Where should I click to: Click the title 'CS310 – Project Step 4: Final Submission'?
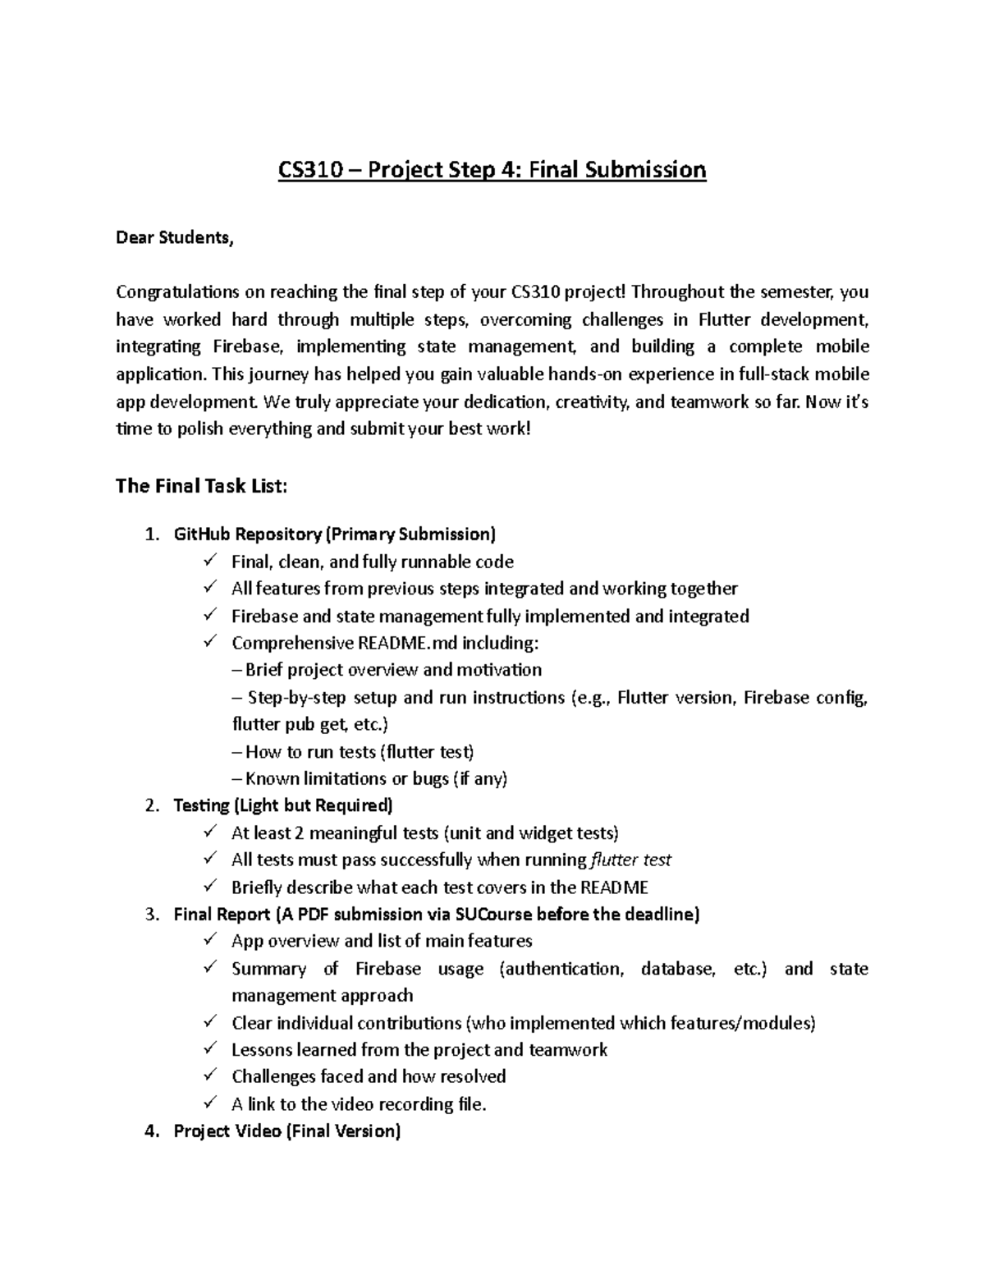[492, 170]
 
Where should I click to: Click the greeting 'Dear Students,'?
[174, 238]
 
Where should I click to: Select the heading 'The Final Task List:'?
[201, 486]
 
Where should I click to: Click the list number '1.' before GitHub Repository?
[150, 535]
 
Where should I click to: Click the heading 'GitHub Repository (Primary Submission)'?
[335, 535]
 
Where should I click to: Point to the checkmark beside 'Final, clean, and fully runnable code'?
[211, 562]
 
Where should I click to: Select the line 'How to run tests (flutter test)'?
[360, 751]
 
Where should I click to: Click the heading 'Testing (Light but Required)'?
[283, 805]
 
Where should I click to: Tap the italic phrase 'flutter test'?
[630, 860]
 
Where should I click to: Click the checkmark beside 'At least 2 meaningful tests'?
[211, 832]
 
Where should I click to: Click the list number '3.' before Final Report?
[150, 914]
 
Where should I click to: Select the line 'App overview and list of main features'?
[382, 941]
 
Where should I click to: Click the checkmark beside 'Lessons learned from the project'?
[211, 1049]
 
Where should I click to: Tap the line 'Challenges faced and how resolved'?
[369, 1076]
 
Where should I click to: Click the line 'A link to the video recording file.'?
[359, 1104]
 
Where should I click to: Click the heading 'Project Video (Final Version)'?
[287, 1131]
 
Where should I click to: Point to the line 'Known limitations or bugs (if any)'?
[376, 778]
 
